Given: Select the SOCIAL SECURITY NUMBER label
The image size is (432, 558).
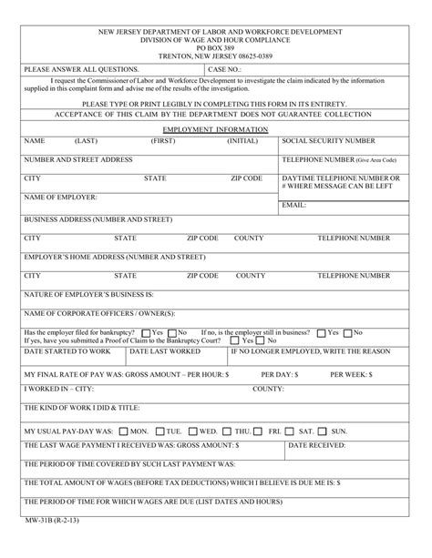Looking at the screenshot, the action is (x=328, y=142).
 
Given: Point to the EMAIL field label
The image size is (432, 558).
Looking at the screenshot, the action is (x=294, y=206).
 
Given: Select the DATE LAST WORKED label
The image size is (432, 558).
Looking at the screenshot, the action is (x=165, y=350).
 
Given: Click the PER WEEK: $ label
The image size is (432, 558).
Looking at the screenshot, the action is (x=352, y=373).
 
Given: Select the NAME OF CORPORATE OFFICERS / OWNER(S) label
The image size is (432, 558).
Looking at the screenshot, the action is (x=92, y=314).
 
